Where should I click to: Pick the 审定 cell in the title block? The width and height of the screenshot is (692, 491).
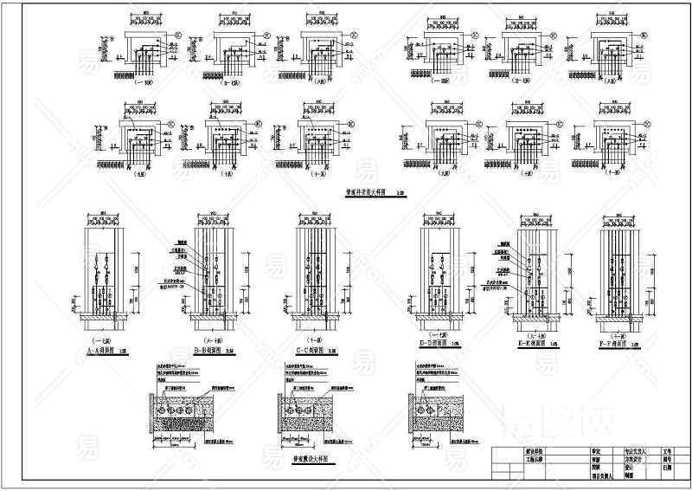570,452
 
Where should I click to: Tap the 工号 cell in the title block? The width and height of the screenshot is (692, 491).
667,452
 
